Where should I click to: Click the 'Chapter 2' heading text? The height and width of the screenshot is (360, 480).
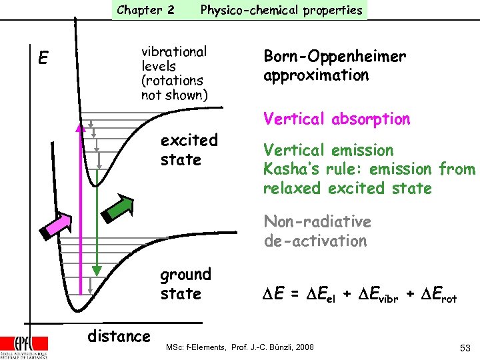[145, 10]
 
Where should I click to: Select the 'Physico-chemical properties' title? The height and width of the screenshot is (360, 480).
[281, 10]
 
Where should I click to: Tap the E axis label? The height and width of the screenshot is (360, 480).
[42, 59]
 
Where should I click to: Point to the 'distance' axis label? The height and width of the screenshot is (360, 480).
[119, 336]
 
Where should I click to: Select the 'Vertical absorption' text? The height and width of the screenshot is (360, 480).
[337, 119]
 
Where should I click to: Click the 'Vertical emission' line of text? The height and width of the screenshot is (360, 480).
[328, 151]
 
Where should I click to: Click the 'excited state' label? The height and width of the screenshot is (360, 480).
[189, 150]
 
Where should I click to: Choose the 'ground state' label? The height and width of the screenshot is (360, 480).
[185, 284]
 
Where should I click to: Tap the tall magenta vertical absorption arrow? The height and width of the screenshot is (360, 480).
[79, 207]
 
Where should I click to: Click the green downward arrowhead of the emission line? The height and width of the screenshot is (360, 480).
[97, 270]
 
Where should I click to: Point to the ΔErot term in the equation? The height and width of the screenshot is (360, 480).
[437, 294]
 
